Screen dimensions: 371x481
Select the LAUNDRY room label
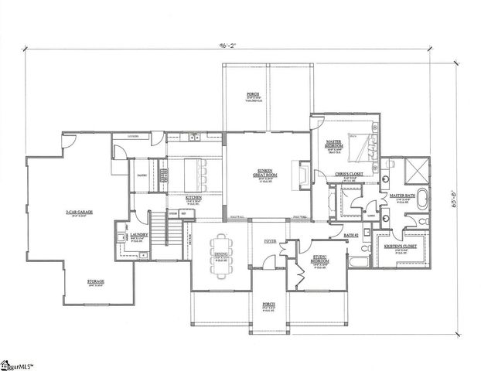click(139, 235)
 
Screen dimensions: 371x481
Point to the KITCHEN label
click(193, 198)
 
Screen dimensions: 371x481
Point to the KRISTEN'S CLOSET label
click(401, 247)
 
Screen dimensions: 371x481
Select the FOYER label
click(270, 241)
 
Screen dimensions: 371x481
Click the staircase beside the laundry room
click(159, 227)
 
